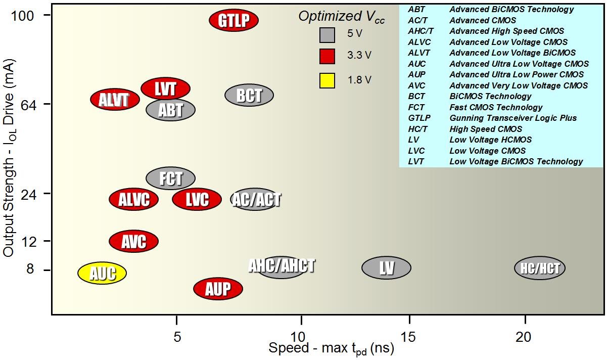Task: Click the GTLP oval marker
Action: click(x=234, y=20)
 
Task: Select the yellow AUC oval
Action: click(x=102, y=273)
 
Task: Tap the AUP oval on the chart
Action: click(x=218, y=289)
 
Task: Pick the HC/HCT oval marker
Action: click(x=540, y=268)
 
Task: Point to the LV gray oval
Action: click(x=387, y=267)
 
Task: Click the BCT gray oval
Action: click(x=249, y=95)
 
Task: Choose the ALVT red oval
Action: click(x=115, y=99)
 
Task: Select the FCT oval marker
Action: click(x=170, y=178)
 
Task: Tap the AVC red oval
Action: click(x=134, y=241)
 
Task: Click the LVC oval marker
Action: click(x=197, y=199)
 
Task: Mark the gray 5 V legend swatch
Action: click(x=327, y=35)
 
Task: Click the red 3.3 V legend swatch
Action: click(x=327, y=57)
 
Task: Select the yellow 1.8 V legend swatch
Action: click(x=327, y=80)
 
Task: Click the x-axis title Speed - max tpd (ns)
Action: click(x=331, y=348)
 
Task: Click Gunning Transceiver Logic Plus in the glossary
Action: click(x=513, y=118)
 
